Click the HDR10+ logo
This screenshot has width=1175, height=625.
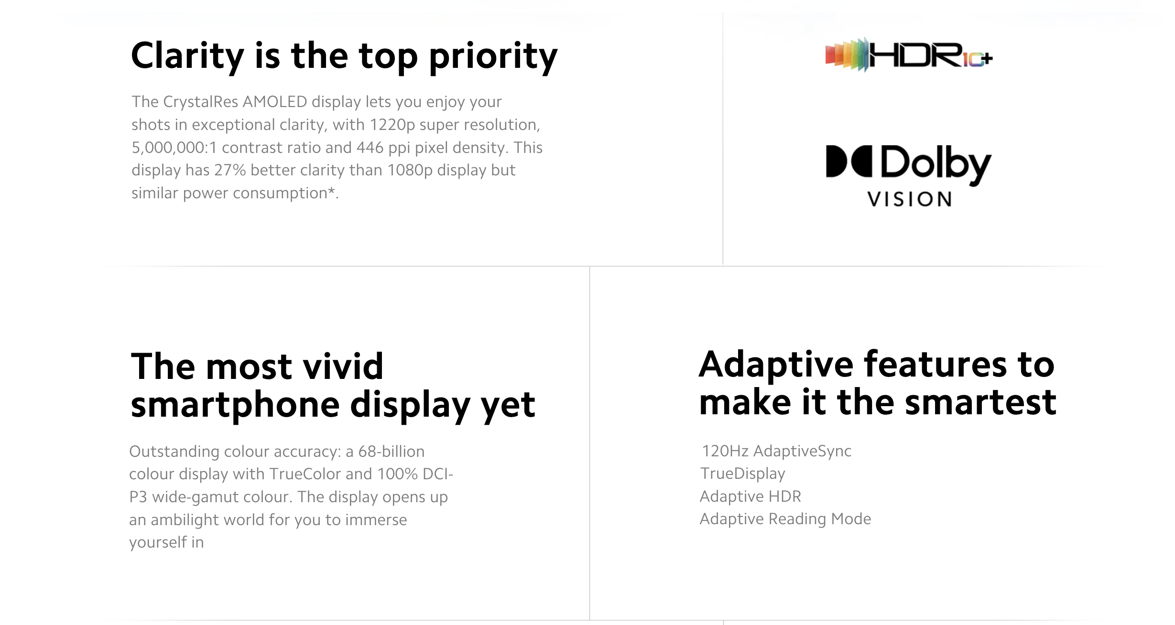909,55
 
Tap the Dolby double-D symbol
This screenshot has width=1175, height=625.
849,162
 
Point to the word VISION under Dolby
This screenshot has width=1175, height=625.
910,199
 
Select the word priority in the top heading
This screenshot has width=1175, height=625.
493,57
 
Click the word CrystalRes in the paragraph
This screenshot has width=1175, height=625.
201,102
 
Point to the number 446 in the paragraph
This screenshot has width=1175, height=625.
370,147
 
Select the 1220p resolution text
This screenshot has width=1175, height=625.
392,125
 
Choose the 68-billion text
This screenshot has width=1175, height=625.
392,452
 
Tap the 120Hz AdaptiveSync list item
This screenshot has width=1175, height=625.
776,451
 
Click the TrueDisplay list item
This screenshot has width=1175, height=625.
743,474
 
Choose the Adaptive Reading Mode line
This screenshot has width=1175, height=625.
785,519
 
